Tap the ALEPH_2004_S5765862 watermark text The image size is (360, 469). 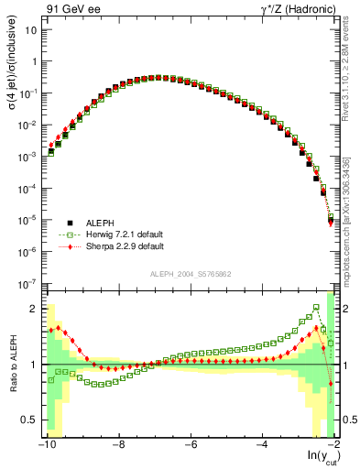[191, 274]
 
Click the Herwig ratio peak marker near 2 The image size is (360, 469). [316, 308]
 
